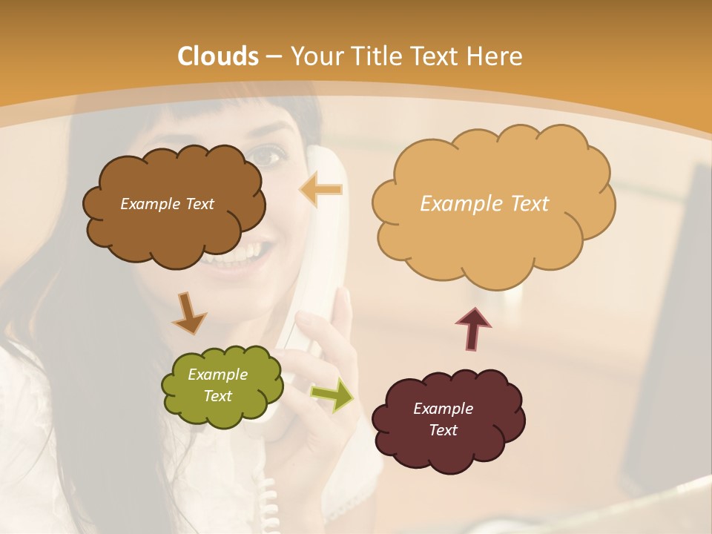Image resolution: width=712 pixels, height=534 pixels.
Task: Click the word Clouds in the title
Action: [x=218, y=56]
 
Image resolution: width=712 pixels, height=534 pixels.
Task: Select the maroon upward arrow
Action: [x=472, y=328]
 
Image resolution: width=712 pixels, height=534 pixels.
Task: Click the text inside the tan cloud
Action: [x=484, y=204]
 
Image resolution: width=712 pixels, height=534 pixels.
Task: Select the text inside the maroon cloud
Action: [x=443, y=419]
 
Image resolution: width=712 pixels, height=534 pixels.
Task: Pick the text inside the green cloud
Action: [x=217, y=385]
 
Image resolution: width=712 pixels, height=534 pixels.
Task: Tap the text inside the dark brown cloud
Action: [x=167, y=204]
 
